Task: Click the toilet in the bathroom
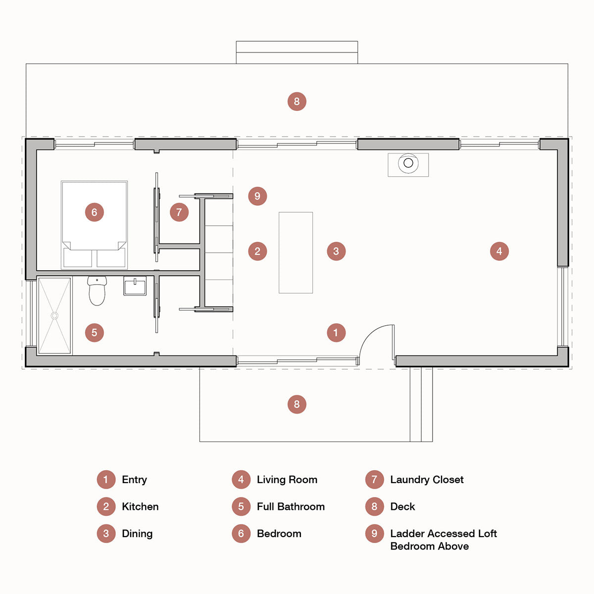(x=97, y=293)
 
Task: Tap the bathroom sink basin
(x=135, y=287)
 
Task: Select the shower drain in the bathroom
(x=54, y=315)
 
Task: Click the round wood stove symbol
(x=408, y=163)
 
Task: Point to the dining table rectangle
(x=296, y=252)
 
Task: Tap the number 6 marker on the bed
(x=95, y=212)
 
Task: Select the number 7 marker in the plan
(x=179, y=212)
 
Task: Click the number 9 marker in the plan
(x=257, y=196)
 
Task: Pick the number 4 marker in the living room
(x=499, y=251)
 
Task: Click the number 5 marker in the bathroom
(x=95, y=333)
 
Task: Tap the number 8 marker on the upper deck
(x=297, y=101)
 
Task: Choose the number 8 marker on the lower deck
(x=297, y=404)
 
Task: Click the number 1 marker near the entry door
(x=336, y=333)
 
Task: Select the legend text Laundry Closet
(x=427, y=480)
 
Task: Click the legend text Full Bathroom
(x=291, y=506)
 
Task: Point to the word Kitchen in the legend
(x=140, y=506)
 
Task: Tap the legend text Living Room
(x=287, y=480)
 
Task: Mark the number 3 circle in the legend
(x=106, y=534)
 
